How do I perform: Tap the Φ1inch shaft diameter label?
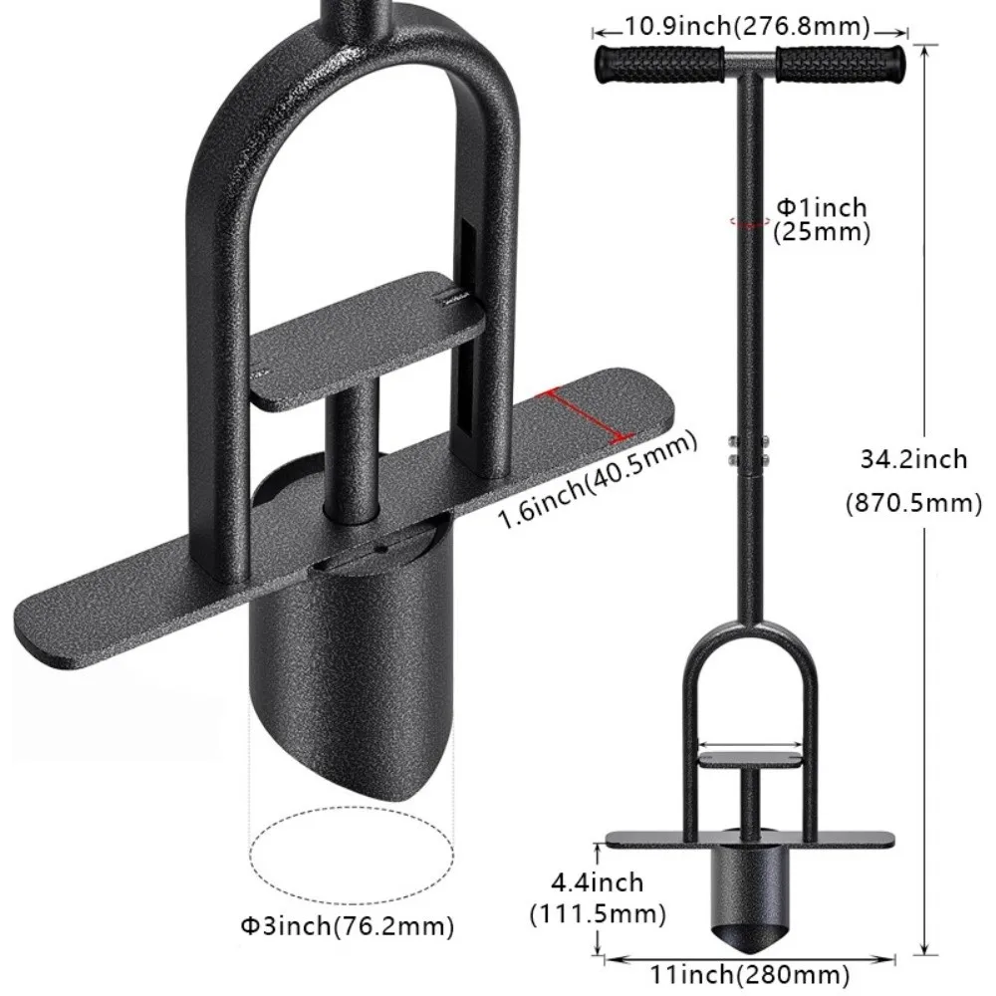[x=822, y=208]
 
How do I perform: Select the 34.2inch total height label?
[x=913, y=459]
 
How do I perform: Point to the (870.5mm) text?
[x=913, y=503]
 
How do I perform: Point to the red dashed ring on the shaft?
[x=747, y=221]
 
